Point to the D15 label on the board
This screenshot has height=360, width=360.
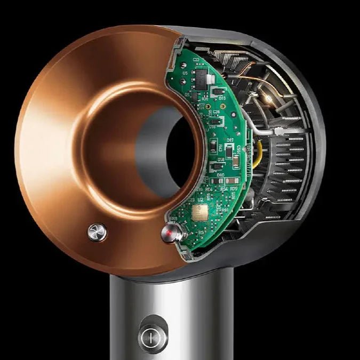click(222, 98)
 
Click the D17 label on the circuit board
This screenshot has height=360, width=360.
click(230, 140)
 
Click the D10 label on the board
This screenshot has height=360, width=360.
click(220, 175)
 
